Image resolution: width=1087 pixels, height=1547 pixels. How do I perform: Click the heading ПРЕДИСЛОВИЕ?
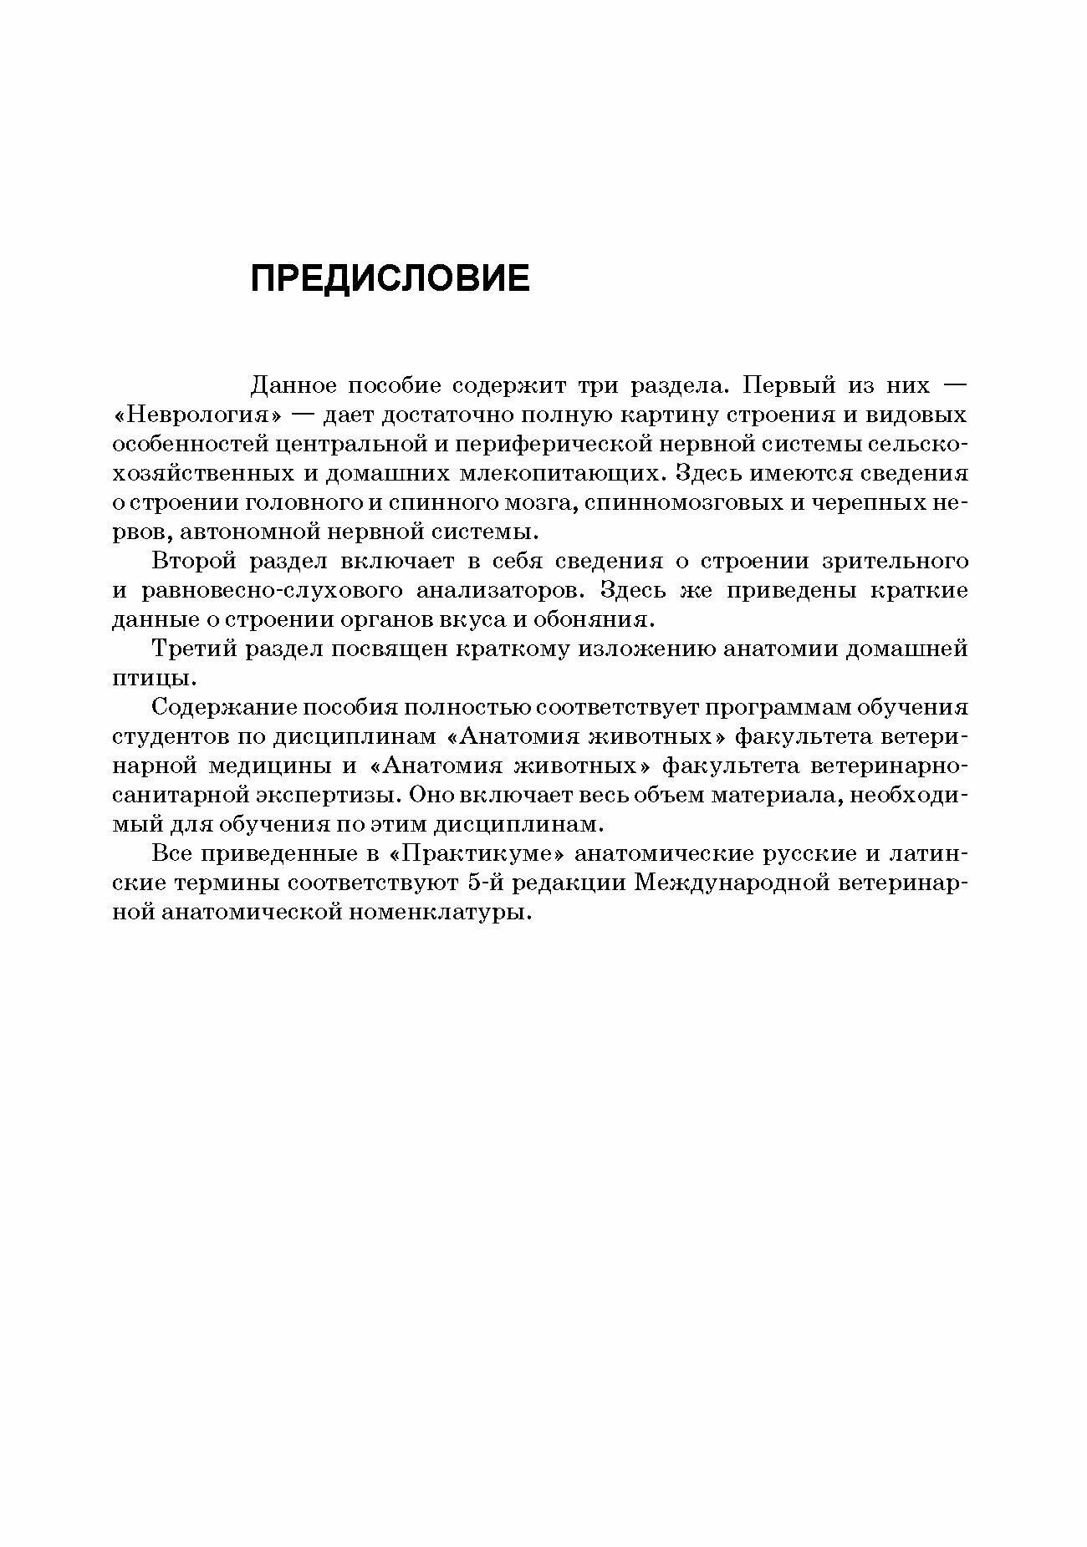coord(390,278)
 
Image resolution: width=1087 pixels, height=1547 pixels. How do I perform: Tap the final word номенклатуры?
coord(444,912)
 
